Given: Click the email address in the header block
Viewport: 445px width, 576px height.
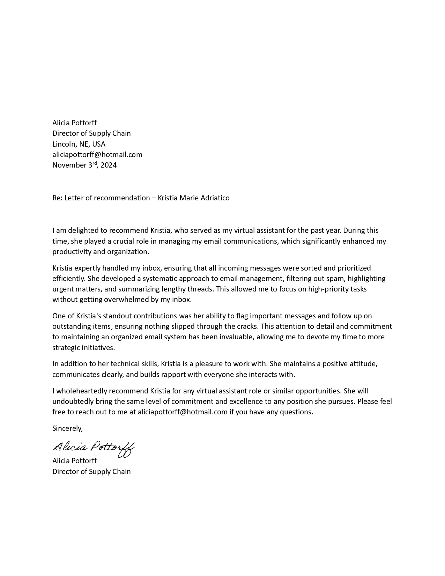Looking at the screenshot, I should pyautogui.click(x=97, y=154).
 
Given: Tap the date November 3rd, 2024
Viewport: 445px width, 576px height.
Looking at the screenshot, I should pyautogui.click(x=84, y=165).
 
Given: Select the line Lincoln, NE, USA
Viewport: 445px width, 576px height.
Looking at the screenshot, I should pyautogui.click(x=79, y=144).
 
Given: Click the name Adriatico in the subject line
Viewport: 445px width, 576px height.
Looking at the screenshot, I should pyautogui.click(x=214, y=198).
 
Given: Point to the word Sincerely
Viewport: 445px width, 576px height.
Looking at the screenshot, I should pyautogui.click(x=67, y=428).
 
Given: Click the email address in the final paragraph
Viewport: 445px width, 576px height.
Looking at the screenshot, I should pyautogui.click(x=183, y=412).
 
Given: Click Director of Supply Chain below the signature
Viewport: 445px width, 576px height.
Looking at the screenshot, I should pyautogui.click(x=91, y=472).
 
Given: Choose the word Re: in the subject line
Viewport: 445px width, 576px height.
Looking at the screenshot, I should pyautogui.click(x=57, y=198).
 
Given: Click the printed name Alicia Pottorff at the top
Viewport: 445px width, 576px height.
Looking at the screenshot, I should pyautogui.click(x=74, y=123).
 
